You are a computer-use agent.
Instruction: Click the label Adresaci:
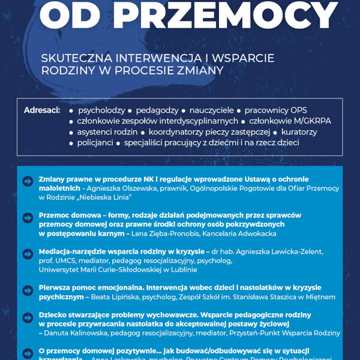(42, 110)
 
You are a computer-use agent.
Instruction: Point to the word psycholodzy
(101, 110)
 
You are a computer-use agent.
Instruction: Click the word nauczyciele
(212, 110)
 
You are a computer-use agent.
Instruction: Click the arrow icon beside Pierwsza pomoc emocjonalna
(28, 290)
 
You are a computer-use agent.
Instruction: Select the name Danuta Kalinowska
(75, 332)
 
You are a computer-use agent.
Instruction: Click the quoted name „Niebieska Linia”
(103, 197)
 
